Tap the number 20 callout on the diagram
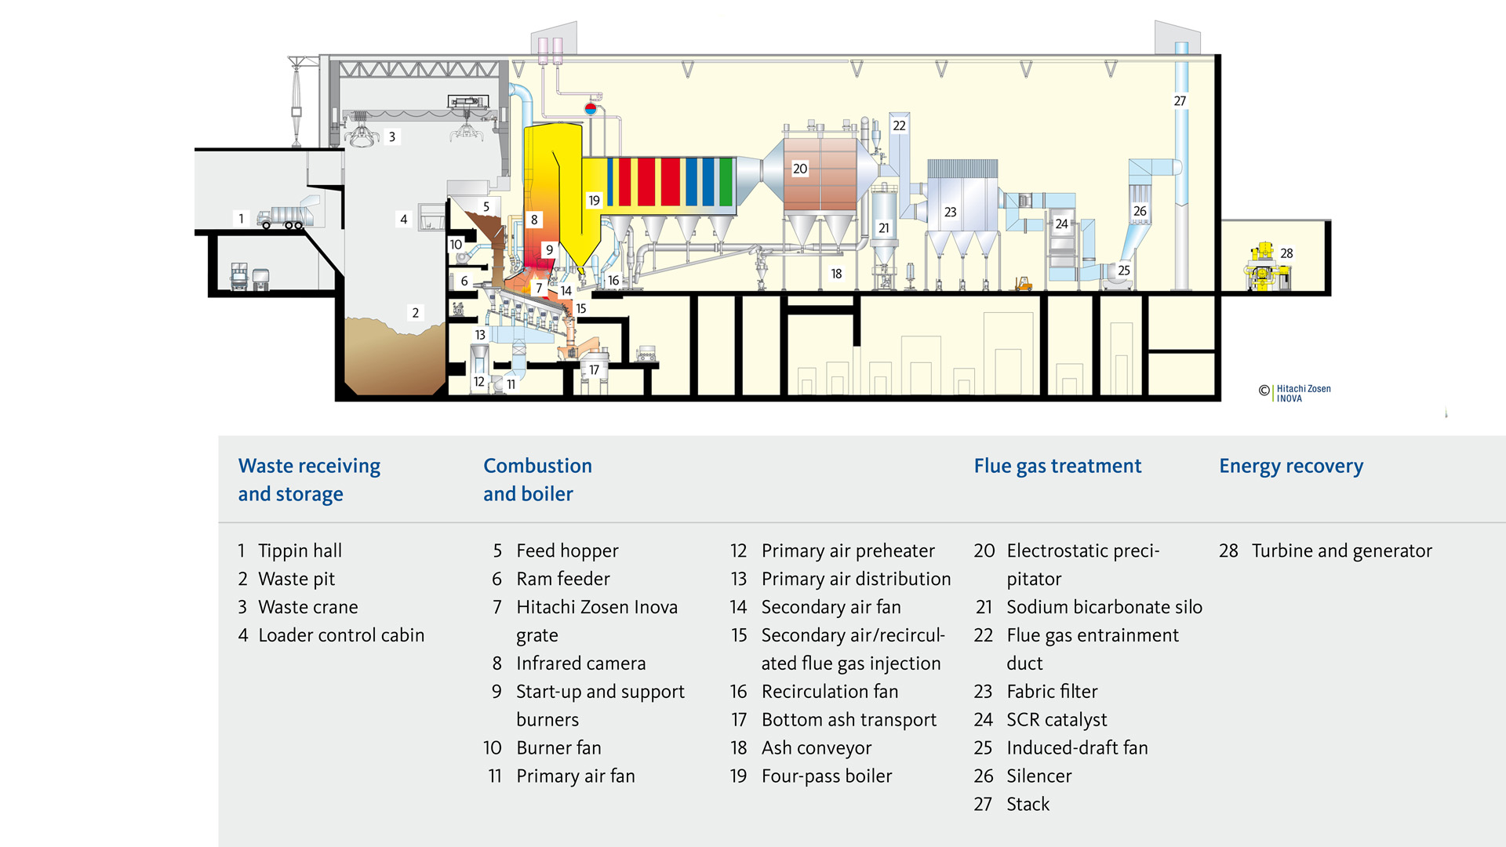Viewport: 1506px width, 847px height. (800, 169)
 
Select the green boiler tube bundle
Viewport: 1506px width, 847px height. (726, 181)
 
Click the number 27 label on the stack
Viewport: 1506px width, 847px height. (1180, 101)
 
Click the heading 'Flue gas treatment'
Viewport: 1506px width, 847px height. (1057, 466)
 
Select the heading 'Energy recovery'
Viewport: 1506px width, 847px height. (1291, 466)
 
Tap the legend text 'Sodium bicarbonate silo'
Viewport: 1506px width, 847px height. (1104, 607)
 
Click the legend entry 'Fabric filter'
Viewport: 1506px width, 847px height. (1052, 692)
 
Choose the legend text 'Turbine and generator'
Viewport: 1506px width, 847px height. (1341, 551)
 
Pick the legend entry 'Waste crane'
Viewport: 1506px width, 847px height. (307, 607)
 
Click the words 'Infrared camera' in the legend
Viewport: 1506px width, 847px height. (580, 663)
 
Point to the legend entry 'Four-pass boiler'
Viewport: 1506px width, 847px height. (827, 776)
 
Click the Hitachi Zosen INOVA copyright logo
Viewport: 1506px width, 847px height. (1295, 393)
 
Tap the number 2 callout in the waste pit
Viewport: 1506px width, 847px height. (416, 313)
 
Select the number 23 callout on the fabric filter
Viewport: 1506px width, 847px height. (950, 212)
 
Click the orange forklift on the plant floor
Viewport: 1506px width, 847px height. (1023, 283)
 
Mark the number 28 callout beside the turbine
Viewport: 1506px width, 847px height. (1286, 253)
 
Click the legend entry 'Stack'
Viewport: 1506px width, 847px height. (1028, 805)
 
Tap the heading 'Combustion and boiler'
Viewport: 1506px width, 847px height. (537, 479)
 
